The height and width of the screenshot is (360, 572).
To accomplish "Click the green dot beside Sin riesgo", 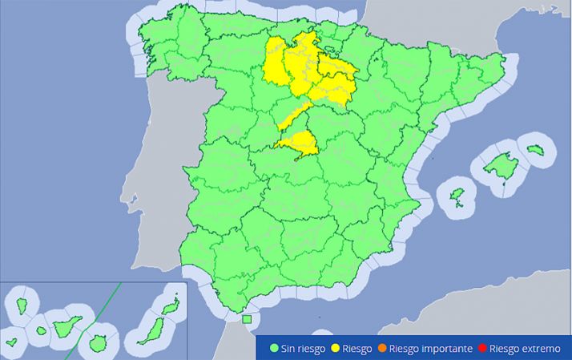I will click(x=274, y=349).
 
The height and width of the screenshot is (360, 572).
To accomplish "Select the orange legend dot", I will click(x=384, y=349).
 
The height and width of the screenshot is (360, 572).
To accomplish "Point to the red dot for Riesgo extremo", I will click(x=481, y=349).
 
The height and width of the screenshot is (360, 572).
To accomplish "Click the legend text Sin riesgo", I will click(x=301, y=349).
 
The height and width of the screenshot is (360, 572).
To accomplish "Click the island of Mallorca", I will click(x=502, y=168).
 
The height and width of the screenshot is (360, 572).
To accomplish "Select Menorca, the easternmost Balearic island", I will click(x=536, y=149).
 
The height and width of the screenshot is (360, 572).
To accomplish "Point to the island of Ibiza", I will click(x=458, y=196).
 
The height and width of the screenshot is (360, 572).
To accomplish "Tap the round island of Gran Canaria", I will click(x=99, y=342).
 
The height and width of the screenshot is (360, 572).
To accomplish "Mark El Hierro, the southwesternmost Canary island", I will click(x=11, y=342).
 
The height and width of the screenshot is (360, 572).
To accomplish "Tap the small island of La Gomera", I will click(x=41, y=330).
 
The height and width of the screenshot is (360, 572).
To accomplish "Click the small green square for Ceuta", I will click(x=247, y=319).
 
